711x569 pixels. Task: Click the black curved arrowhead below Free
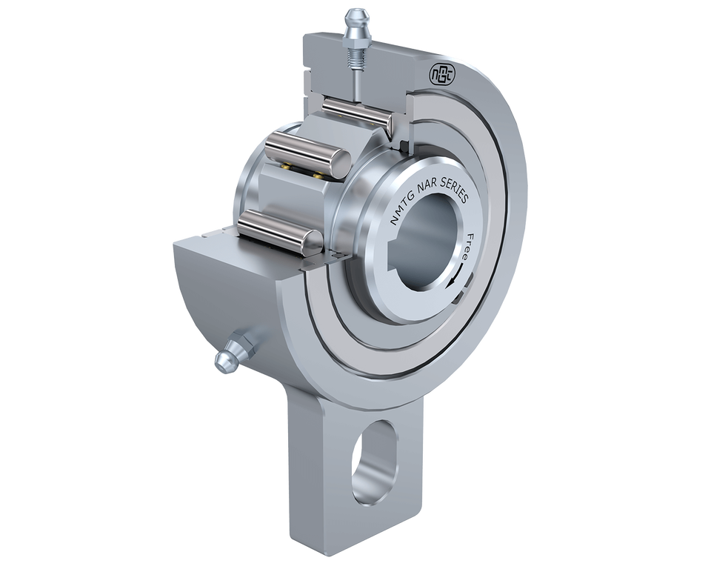(x=451, y=284)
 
